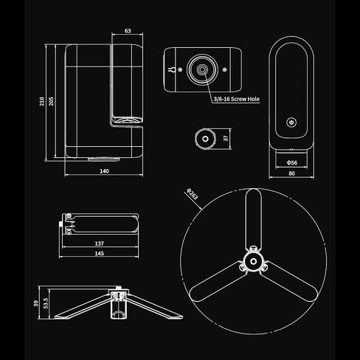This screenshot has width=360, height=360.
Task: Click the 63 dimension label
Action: pos(128,31)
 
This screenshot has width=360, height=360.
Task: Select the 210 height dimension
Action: pos(42,101)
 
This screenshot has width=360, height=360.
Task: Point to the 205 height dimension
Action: pos(51,101)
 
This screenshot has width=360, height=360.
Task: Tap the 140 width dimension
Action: pos(104,171)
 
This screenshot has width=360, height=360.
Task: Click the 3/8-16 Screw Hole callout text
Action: pos(236,99)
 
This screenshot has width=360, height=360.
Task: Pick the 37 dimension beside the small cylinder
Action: pos(226,138)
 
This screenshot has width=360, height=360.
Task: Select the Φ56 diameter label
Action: pos(292,162)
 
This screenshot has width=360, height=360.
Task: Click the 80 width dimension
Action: pos(291,173)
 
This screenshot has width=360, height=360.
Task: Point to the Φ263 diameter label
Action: pos(192,194)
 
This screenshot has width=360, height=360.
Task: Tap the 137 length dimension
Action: pos(100,243)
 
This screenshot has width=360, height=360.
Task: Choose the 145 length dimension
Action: pos(100,253)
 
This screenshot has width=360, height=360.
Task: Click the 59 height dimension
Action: pos(36,303)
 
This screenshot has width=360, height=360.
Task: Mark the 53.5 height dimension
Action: pos(46,303)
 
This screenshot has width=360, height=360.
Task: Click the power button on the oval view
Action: pos(291,122)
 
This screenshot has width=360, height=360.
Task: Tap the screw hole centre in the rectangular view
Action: pos(202,69)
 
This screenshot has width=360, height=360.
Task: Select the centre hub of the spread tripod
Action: pos(253,261)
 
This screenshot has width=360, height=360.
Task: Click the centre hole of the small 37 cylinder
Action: pos(205,139)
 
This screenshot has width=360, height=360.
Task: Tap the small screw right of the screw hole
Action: pos(224,70)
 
